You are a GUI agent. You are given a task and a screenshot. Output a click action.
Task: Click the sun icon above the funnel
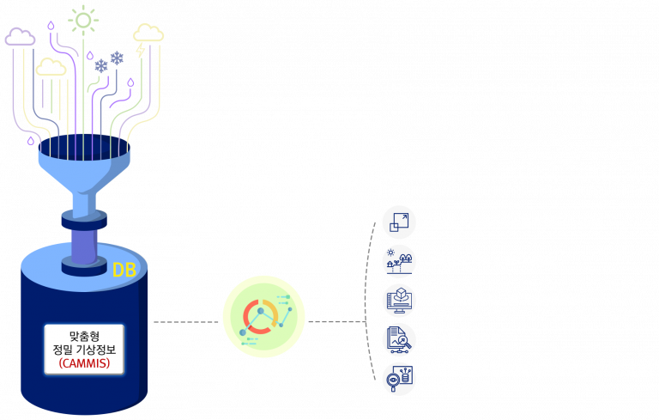83,20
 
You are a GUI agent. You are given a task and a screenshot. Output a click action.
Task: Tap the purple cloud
20,37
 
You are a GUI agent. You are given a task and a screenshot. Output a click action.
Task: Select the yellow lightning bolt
141,50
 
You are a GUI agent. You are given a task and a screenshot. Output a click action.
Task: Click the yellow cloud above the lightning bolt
148,33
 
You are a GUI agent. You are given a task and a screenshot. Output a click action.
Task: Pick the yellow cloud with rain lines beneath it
51,67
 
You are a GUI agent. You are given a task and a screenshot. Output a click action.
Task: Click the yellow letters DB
124,271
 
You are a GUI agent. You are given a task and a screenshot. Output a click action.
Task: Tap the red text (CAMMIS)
84,363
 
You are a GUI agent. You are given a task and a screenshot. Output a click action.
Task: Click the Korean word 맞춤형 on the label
84,336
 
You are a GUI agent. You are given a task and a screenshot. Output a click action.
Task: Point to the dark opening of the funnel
84,148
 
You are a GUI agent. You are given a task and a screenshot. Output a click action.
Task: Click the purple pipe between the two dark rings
84,246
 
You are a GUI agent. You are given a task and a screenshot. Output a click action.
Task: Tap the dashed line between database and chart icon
185,322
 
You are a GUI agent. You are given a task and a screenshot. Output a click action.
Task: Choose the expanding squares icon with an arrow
399,222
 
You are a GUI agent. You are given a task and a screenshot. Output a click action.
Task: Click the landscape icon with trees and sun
399,261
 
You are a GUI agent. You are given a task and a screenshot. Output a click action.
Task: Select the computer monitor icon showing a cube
399,301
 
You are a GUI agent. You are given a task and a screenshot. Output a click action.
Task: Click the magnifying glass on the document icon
404,341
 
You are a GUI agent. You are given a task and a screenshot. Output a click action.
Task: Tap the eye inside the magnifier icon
393,380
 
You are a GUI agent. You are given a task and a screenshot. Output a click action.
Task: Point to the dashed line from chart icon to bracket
337,322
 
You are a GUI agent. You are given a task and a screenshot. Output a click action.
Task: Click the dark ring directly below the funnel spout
84,220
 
